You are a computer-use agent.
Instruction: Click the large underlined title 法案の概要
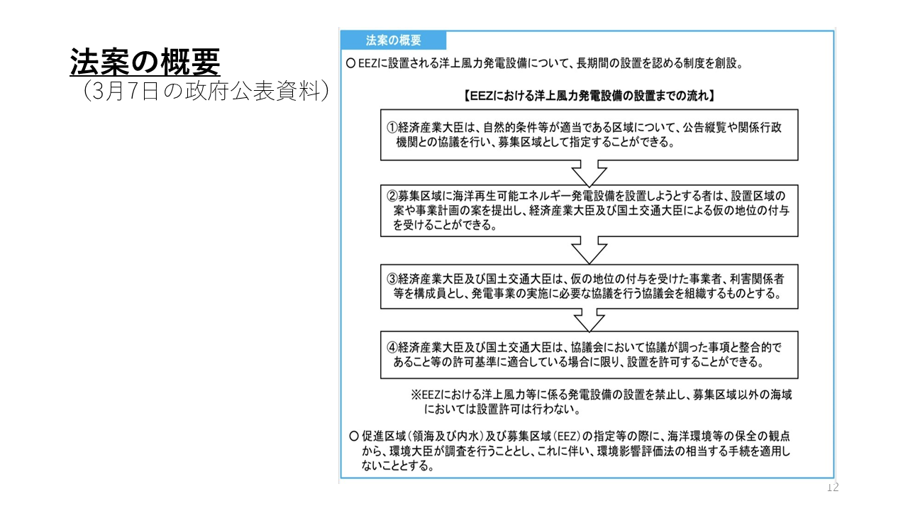point(145,62)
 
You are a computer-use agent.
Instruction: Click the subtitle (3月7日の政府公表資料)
point(206,90)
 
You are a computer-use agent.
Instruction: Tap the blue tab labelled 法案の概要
point(394,40)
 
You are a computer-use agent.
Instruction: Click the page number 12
point(833,487)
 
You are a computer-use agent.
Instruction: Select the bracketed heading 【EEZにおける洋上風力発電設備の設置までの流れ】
point(589,96)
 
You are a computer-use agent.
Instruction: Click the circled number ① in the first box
point(392,128)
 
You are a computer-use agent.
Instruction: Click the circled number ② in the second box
point(392,197)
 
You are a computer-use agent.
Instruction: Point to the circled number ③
point(392,279)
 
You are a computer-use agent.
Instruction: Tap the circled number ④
point(392,348)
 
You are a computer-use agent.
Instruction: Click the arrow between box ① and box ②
point(589,173)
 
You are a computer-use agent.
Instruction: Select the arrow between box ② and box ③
point(589,251)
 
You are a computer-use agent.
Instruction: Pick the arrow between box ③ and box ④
point(589,320)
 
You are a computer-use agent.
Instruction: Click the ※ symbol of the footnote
point(416,395)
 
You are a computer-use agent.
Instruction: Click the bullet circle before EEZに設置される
point(350,63)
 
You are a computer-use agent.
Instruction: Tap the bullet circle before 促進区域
point(354,436)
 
